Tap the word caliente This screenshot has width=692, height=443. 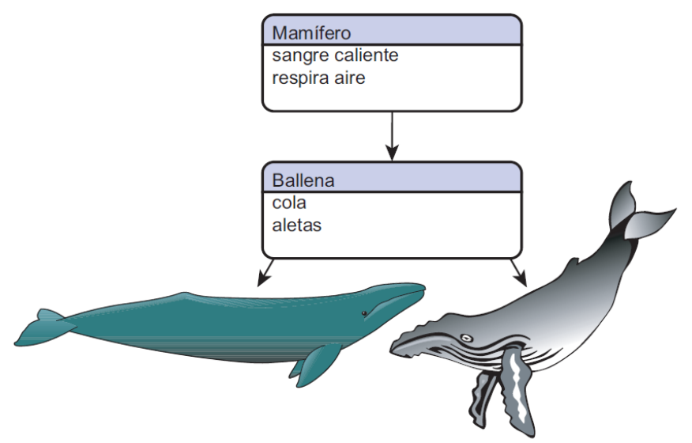pos(363,56)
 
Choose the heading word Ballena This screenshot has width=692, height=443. pos(303,180)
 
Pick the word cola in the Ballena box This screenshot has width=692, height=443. pos(289,203)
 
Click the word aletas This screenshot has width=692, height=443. pos(297,225)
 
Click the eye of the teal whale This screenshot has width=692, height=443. pos(364,314)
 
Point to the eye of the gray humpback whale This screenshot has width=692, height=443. pos(466,338)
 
